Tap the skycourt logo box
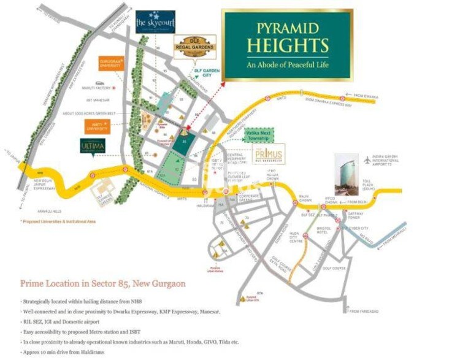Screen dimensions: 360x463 pos(155,22)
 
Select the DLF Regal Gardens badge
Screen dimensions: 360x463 pos(194,47)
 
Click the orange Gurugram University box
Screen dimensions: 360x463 pos(112,64)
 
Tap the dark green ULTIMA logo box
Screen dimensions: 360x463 pos(93,146)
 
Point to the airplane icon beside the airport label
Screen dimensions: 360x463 pos(368,161)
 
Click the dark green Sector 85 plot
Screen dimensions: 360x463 pos(186,142)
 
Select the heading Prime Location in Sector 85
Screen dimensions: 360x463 pos(103,284)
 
